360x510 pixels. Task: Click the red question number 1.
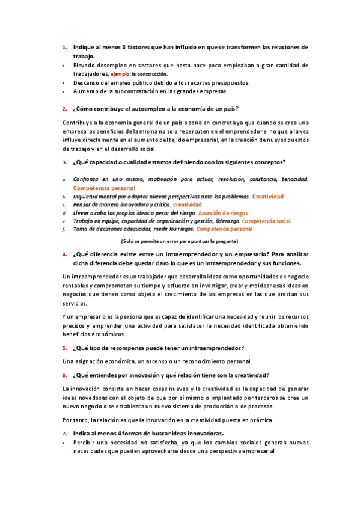64,47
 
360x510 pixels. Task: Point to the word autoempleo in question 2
142,109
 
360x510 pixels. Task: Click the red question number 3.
64,162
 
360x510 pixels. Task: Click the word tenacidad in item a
294,179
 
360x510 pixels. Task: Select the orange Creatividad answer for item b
267,197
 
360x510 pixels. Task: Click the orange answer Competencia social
266,221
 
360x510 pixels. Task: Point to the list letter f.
64,230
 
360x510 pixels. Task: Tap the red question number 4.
64,254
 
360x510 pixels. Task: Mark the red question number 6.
64,375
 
